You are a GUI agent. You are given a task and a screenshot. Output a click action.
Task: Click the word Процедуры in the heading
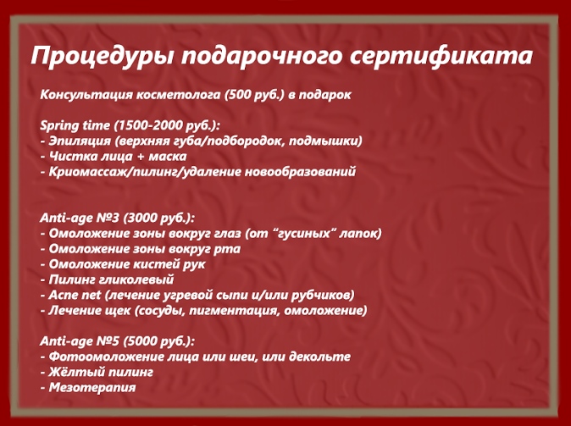[102, 57]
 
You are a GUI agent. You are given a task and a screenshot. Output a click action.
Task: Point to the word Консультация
[86, 95]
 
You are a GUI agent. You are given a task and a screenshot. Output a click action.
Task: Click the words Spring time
[75, 125]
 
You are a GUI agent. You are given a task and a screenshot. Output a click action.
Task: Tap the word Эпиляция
[80, 141]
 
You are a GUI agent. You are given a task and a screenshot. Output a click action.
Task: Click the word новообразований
[300, 171]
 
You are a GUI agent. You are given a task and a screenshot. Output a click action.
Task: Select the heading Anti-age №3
[80, 219]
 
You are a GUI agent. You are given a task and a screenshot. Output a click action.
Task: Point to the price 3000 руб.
[158, 219]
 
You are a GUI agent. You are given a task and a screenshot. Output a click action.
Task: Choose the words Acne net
[75, 295]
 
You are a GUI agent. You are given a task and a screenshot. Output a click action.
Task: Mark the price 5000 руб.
[158, 341]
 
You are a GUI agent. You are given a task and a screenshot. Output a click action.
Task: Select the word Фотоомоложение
[106, 357]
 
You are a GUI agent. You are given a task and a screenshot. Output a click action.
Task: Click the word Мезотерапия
[92, 387]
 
